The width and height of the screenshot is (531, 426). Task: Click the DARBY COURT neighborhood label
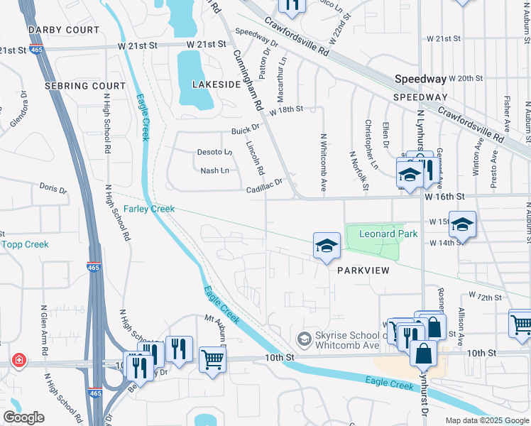pyautogui.click(x=63, y=31)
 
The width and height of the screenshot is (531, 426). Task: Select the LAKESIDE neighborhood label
pyautogui.click(x=217, y=84)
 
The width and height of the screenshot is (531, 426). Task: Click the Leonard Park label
pyautogui.click(x=388, y=234)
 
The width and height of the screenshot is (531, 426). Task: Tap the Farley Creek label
pyautogui.click(x=149, y=209)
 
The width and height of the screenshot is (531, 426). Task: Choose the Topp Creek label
pyautogui.click(x=25, y=244)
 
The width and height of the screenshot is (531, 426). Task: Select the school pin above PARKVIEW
pyautogui.click(x=327, y=246)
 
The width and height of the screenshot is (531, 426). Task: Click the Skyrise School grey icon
pyautogui.click(x=305, y=339)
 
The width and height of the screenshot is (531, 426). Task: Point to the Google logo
pyautogui.click(x=24, y=417)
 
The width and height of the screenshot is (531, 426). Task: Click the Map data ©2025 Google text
pyautogui.click(x=486, y=420)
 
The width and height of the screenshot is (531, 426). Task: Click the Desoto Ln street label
pyautogui.click(x=214, y=152)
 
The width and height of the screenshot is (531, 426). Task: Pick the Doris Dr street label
pyautogui.click(x=53, y=190)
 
